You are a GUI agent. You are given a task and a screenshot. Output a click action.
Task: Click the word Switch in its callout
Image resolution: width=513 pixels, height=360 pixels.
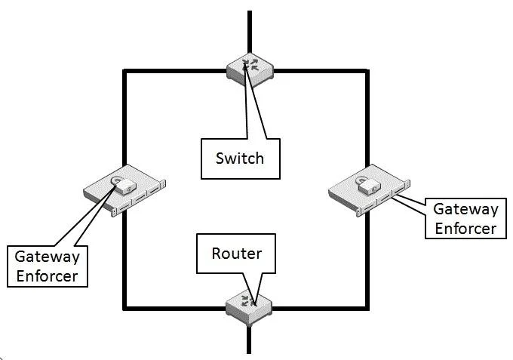(240, 158)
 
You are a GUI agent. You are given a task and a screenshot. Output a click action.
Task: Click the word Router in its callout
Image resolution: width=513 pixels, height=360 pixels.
(237, 254)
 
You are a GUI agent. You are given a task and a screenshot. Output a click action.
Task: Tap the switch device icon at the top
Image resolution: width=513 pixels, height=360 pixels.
(250, 70)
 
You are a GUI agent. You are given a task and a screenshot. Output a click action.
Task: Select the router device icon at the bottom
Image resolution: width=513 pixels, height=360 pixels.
(249, 308)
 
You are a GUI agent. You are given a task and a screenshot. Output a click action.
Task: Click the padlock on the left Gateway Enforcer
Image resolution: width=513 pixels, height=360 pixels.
(123, 185)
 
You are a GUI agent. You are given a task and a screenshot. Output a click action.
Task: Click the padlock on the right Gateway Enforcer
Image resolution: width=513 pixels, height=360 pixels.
(368, 184)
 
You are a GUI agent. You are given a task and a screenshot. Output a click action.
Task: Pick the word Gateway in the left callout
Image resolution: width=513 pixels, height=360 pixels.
(47, 257)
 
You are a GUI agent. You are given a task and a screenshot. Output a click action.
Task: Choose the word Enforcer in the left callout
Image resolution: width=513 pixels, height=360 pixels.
(47, 276)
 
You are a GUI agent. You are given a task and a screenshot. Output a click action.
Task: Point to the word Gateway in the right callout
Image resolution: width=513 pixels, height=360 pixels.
(466, 209)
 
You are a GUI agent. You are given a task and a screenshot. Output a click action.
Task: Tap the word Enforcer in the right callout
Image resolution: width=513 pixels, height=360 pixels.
(466, 229)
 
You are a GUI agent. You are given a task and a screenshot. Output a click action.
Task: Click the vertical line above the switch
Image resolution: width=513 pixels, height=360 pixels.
(250, 32)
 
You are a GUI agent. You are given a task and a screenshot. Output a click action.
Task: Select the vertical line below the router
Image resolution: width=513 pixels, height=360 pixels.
(249, 340)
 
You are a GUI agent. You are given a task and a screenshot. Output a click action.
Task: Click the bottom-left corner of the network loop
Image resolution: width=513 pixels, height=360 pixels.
(124, 308)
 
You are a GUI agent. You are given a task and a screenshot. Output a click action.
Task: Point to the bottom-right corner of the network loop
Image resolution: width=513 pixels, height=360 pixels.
(367, 308)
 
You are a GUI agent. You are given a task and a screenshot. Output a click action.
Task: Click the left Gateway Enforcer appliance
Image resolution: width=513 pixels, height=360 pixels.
(124, 190)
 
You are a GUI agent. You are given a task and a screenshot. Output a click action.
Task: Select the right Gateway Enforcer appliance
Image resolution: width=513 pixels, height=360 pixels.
(369, 190)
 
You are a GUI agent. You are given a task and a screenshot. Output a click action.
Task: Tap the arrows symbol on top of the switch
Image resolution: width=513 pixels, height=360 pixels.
(250, 64)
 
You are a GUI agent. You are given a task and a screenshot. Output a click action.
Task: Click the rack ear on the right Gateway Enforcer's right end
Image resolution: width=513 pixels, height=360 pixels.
(407, 184)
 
